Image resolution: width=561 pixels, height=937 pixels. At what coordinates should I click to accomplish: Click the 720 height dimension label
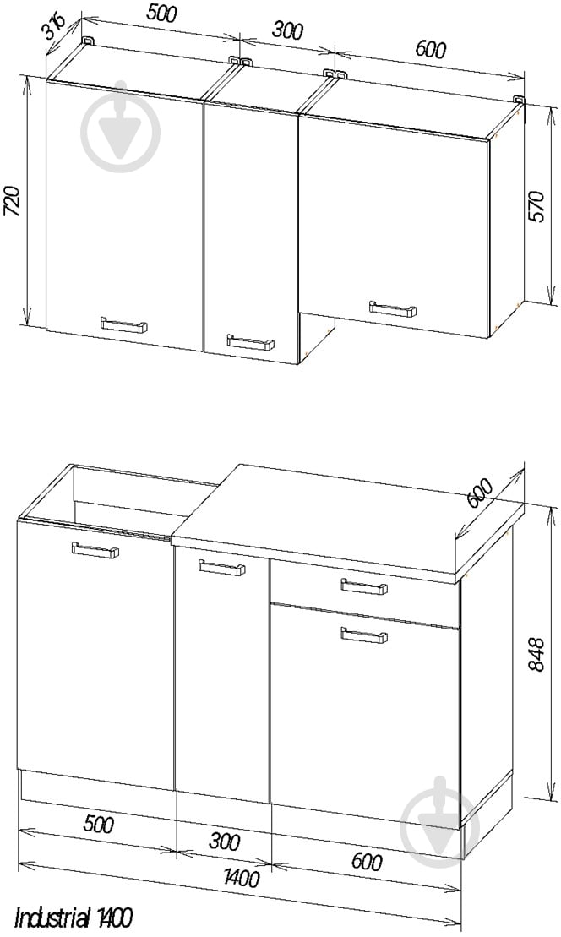[x=14, y=201]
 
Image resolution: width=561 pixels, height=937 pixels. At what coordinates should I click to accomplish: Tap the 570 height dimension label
[x=537, y=206]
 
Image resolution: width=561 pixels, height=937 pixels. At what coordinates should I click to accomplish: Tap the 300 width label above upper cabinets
[x=287, y=30]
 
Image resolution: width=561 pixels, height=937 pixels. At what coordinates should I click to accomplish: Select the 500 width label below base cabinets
[x=98, y=825]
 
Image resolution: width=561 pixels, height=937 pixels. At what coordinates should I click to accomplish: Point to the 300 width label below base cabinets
[x=225, y=842]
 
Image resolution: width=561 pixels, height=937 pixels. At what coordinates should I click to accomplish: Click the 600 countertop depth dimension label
[x=481, y=493]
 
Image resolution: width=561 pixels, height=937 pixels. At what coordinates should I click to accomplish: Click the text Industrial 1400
[x=73, y=918]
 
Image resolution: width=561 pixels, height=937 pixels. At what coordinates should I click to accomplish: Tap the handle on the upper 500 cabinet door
[x=123, y=324]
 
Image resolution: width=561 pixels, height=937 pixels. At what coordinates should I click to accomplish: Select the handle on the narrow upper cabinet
[x=250, y=342]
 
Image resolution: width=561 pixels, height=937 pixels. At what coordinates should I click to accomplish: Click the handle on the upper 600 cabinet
[x=393, y=309]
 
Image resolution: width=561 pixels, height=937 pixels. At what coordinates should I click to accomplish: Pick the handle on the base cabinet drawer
[x=364, y=587]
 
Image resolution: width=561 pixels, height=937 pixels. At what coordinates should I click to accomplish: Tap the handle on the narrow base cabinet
[x=221, y=568]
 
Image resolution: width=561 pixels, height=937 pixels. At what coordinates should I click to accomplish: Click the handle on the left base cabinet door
[x=95, y=550]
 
